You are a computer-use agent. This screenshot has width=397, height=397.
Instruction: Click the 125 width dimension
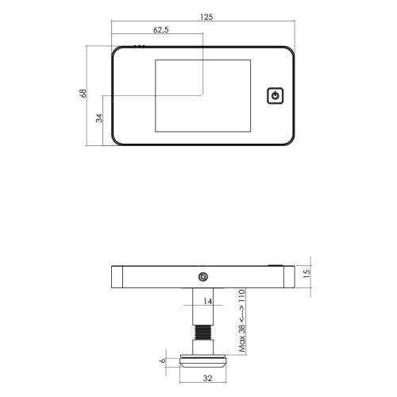click(x=206, y=16)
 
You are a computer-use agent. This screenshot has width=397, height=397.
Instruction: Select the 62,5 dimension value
click(x=160, y=30)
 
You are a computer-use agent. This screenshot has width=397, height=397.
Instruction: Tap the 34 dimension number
click(x=99, y=118)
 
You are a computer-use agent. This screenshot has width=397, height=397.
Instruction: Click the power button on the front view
click(x=274, y=96)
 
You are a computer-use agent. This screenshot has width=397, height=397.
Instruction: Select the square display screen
click(x=202, y=94)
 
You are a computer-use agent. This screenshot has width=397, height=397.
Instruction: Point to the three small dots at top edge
click(x=140, y=46)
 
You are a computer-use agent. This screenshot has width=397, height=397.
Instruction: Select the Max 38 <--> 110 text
click(x=242, y=321)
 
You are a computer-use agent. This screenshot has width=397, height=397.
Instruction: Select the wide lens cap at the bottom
click(x=203, y=361)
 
